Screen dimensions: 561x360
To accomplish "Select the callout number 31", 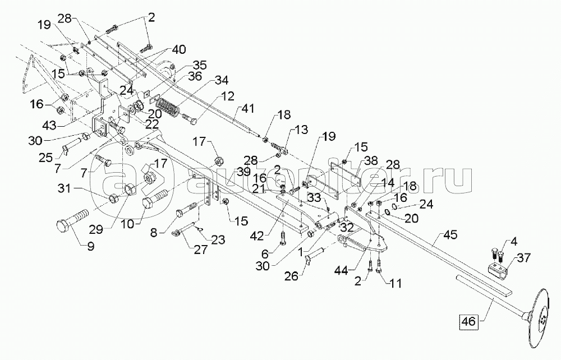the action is (65, 187).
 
